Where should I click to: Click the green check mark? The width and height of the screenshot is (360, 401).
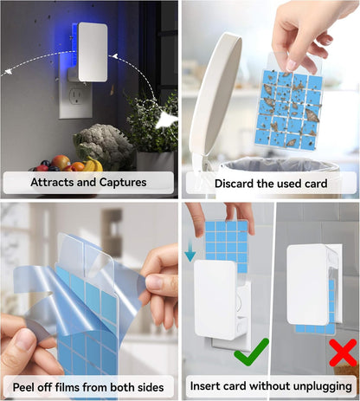[x=251, y=351]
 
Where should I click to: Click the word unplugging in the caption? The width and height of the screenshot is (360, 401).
[x=319, y=385]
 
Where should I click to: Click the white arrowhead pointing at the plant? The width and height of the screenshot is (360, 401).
[x=166, y=122]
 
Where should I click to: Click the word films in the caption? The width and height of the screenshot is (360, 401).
[x=91, y=385]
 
